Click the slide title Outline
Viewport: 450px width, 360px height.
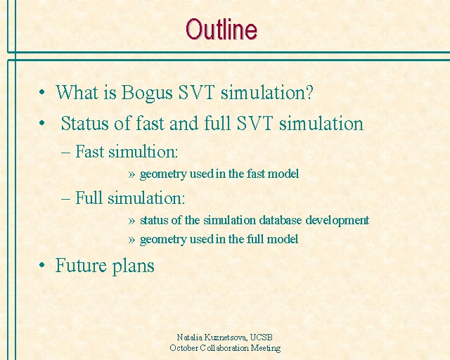tap(221, 30)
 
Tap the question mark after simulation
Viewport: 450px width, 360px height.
tap(309, 92)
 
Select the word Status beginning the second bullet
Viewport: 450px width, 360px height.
tap(85, 123)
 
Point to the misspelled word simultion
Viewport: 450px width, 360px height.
tap(143, 151)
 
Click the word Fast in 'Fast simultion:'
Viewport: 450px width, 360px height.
tap(89, 151)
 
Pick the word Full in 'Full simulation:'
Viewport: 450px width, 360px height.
tap(89, 198)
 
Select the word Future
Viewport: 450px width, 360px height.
tap(81, 265)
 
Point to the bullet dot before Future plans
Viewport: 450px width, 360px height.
tap(42, 265)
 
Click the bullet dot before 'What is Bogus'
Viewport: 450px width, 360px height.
tap(42, 92)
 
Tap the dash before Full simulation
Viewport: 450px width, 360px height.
tap(65, 198)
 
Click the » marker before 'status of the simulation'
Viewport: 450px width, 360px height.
tap(131, 221)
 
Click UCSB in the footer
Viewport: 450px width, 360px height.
tap(261, 337)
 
